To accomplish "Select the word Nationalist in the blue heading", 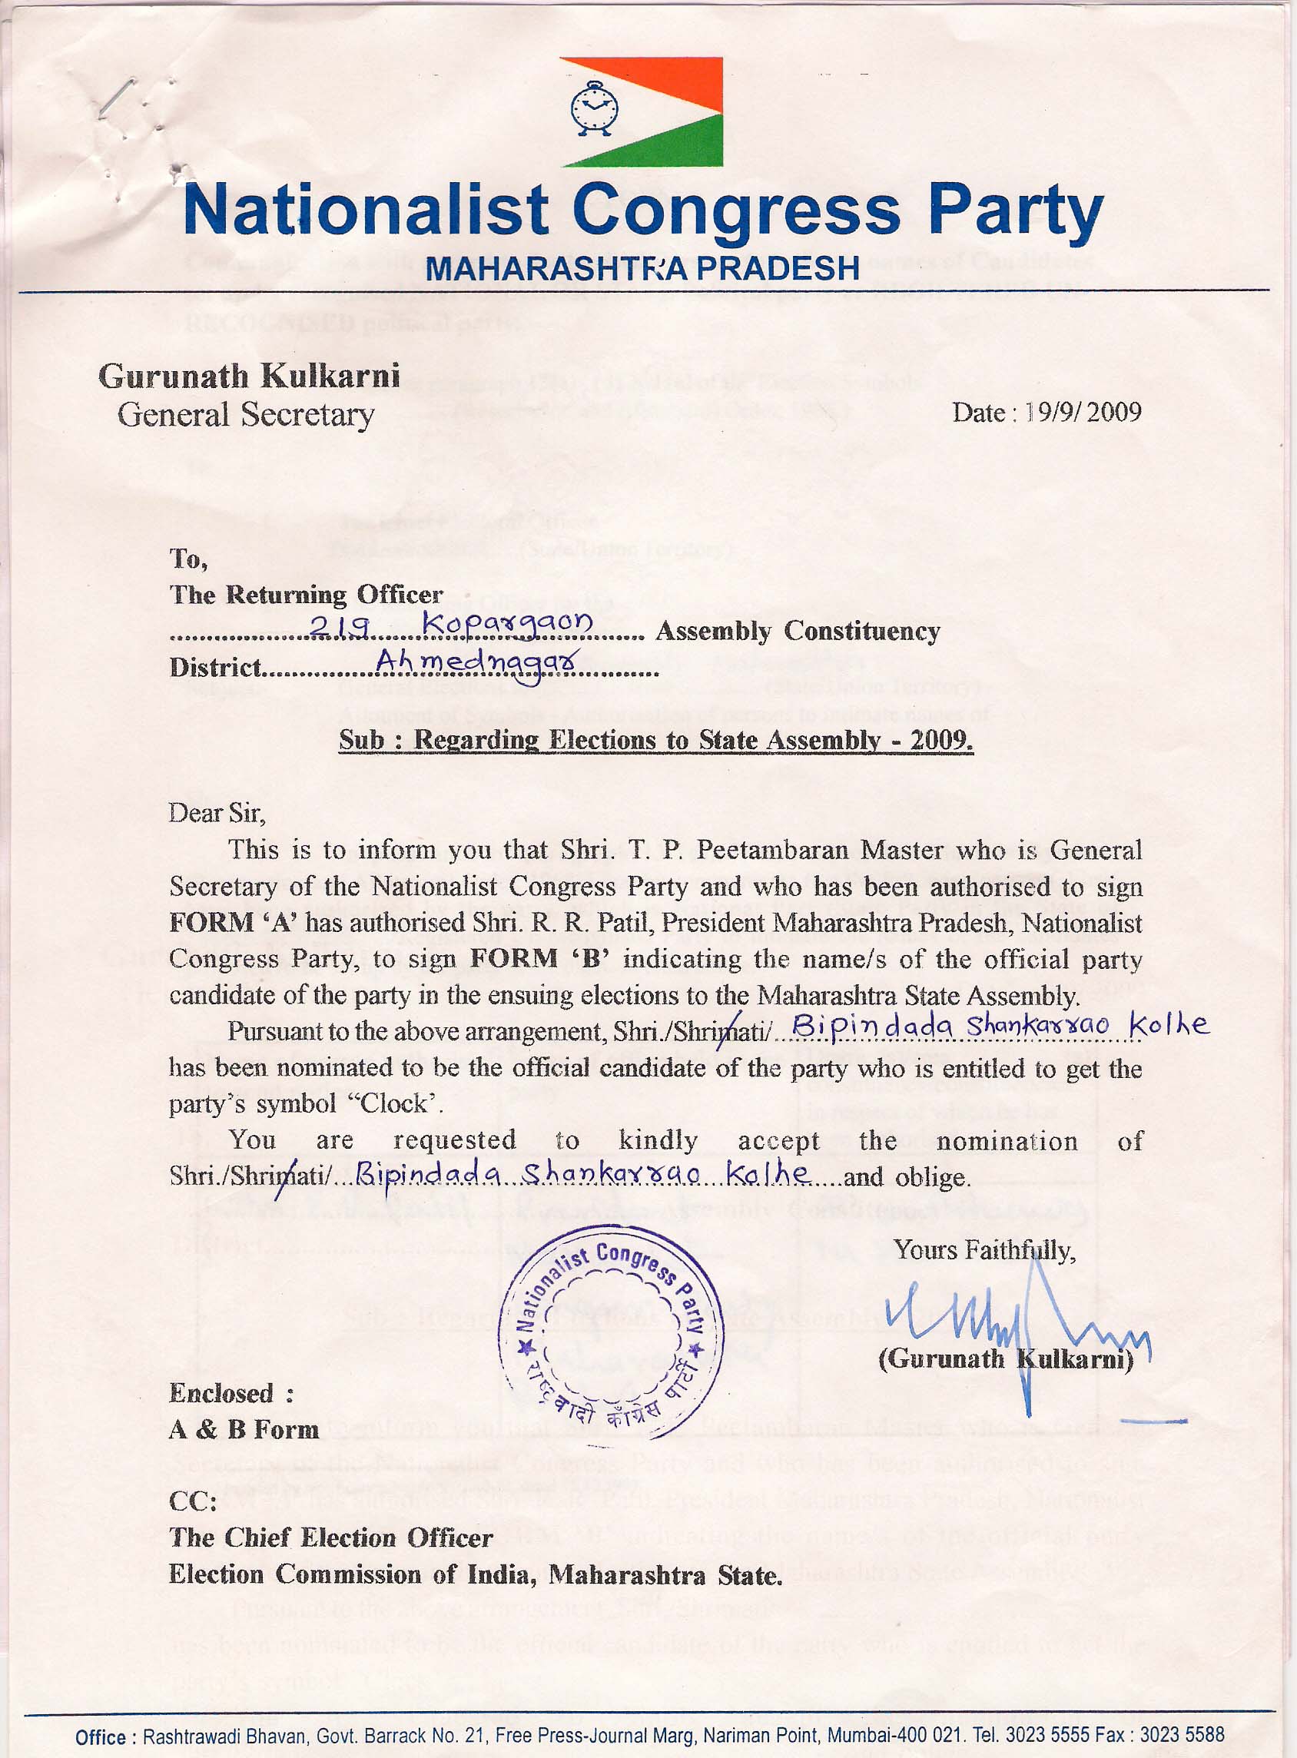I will tap(365, 211).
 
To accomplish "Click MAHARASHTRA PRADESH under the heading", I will tap(642, 268).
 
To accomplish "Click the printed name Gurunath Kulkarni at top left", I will tap(249, 376).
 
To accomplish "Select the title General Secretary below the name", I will tap(246, 415).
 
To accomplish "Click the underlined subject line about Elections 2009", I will tap(655, 740).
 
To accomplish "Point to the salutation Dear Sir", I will tap(217, 812).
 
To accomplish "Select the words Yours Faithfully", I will tap(984, 1250).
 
